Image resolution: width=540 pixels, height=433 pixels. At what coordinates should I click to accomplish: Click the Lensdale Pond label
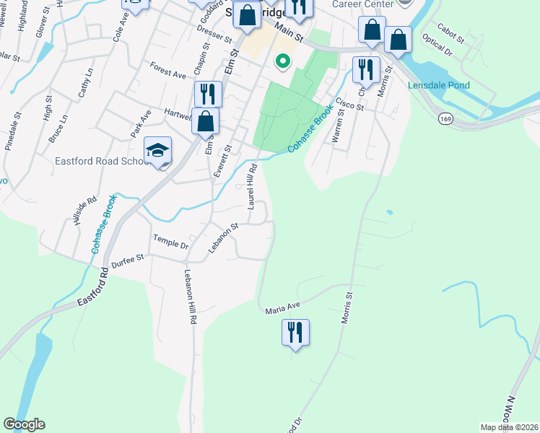pyautogui.click(x=438, y=85)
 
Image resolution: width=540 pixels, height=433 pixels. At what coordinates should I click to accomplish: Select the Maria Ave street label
pyautogui.click(x=282, y=307)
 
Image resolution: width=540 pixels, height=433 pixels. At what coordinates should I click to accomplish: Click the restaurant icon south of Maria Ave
pyautogui.click(x=295, y=333)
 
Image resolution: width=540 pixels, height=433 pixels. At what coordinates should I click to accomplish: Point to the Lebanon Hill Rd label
pyautogui.click(x=189, y=296)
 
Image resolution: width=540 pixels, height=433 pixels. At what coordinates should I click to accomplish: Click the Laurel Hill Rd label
pyautogui.click(x=252, y=185)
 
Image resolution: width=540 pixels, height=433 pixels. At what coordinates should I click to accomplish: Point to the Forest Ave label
pyautogui.click(x=168, y=69)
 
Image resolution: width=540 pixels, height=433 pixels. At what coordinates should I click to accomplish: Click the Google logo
pyautogui.click(x=24, y=424)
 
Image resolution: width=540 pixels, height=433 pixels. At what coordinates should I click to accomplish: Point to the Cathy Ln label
pyautogui.click(x=86, y=82)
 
